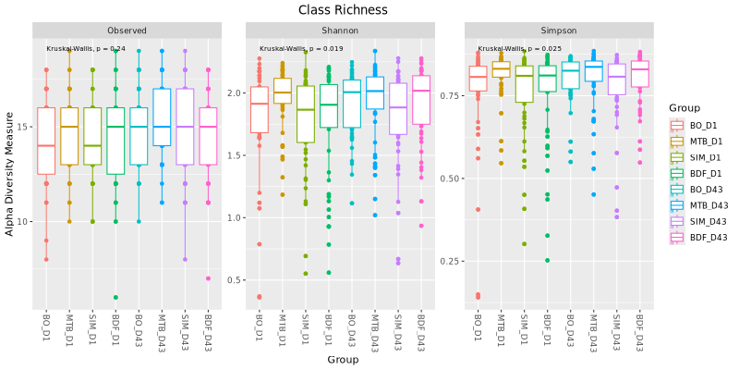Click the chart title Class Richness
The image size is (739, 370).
click(x=343, y=9)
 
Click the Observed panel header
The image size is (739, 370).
click(x=127, y=31)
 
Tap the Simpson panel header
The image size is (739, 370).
click(x=559, y=31)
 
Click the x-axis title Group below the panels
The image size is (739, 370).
click(x=343, y=360)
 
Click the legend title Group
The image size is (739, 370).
click(x=684, y=108)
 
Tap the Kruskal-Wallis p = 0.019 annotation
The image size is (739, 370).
click(x=301, y=49)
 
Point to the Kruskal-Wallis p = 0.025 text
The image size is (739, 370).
click(x=519, y=49)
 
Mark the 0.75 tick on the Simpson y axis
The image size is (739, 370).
click(x=452, y=96)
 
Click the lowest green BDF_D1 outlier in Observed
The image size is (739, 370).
click(x=115, y=297)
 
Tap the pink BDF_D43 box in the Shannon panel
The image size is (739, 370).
click(x=420, y=100)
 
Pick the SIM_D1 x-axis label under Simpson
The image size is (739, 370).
click(x=524, y=328)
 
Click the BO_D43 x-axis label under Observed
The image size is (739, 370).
click(x=139, y=330)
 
